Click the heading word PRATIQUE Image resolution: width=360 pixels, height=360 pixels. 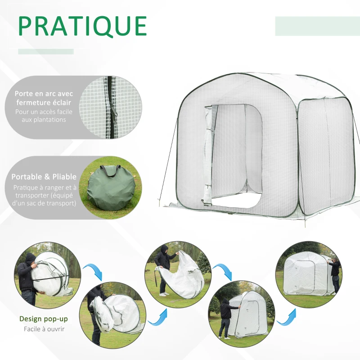(83, 27)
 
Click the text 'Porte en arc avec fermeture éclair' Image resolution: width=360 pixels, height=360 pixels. (44, 98)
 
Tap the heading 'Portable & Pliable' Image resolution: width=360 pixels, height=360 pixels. (44, 177)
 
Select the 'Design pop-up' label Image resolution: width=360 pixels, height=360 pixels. (44, 319)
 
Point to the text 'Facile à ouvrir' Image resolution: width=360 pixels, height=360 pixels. (44, 329)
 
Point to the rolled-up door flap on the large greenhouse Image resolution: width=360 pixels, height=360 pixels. (207, 155)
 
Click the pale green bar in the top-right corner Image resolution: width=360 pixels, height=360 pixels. (317, 26)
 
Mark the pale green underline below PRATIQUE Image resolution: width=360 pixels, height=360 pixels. (45, 52)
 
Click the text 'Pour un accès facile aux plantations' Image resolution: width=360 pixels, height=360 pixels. (40, 116)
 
